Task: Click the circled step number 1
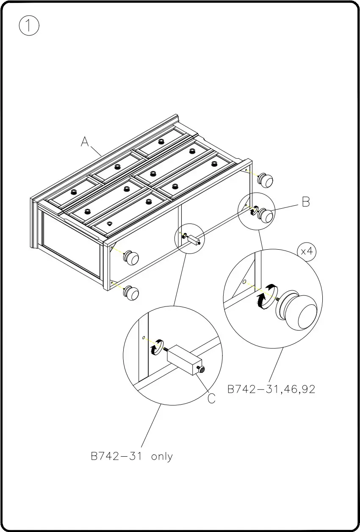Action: coord(29,26)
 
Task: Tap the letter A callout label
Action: coord(85,142)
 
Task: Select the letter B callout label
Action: coord(306,202)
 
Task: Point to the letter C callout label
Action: coord(211,398)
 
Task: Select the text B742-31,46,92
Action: coord(271,389)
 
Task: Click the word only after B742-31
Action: coord(162,457)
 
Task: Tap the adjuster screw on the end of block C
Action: coord(201,371)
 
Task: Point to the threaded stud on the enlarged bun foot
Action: coord(277,300)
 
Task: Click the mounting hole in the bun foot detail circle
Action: coord(244,281)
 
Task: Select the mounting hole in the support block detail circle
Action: coord(144,338)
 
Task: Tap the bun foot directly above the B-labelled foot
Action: coord(266,180)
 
